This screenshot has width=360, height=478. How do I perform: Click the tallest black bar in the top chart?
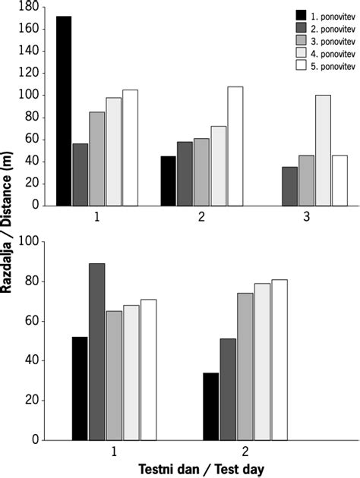click(64, 111)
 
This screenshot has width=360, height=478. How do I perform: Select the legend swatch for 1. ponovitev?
click(302, 14)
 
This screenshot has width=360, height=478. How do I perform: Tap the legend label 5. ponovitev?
click(331, 66)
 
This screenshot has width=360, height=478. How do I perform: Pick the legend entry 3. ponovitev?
click(331, 40)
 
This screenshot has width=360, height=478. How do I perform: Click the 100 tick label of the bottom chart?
click(30, 241)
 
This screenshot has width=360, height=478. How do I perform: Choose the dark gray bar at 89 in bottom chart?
click(97, 352)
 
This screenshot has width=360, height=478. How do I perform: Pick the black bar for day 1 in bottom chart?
click(81, 388)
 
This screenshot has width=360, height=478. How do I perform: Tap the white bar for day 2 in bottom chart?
click(279, 360)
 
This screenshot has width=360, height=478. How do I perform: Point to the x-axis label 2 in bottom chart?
click(245, 451)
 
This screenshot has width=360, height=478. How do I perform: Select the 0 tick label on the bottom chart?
click(35, 440)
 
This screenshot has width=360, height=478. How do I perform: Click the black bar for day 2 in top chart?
click(168, 181)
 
